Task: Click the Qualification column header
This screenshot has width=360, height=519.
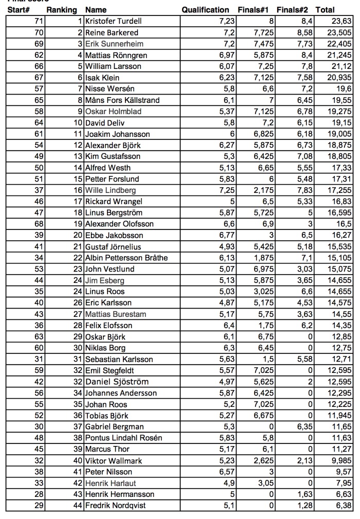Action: click(205, 10)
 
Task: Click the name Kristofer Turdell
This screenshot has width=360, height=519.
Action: click(113, 21)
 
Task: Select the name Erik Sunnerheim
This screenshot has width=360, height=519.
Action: click(114, 44)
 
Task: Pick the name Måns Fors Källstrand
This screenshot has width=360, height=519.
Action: click(122, 100)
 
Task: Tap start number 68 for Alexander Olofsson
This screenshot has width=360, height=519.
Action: click(39, 224)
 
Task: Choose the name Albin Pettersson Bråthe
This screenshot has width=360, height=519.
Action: click(127, 258)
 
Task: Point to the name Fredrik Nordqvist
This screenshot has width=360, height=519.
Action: click(115, 506)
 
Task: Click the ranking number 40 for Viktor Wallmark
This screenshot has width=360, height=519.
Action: click(78, 460)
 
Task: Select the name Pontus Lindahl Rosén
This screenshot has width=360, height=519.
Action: click(123, 438)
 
